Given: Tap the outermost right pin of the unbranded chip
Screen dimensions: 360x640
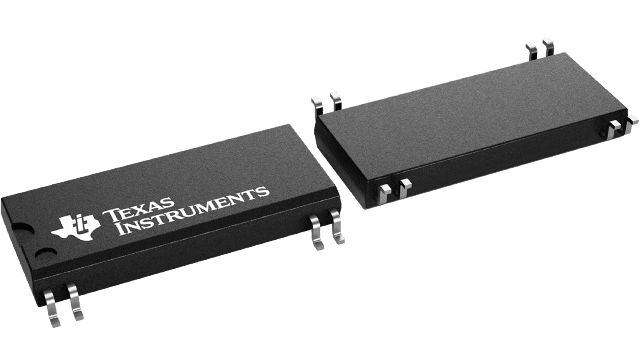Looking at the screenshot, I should (x=632, y=121).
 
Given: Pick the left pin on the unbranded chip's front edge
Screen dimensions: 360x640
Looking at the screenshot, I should (x=386, y=192).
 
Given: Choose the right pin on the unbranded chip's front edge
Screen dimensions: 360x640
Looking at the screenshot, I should (x=405, y=189).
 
